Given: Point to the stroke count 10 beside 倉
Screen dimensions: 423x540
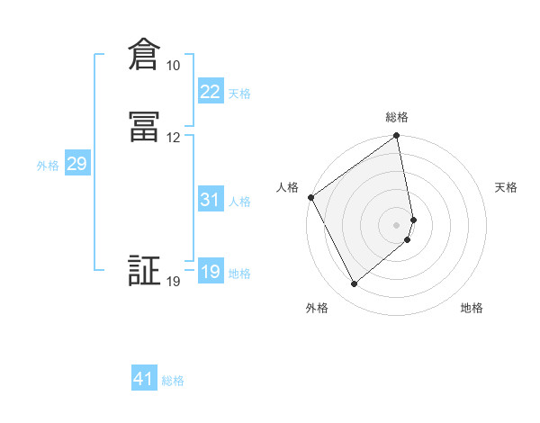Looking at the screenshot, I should (x=173, y=66).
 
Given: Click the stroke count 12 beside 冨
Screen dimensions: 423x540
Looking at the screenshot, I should (x=173, y=137).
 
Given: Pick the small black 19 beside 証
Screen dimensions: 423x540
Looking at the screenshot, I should (x=173, y=282).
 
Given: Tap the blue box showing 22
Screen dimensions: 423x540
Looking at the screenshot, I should (x=210, y=92).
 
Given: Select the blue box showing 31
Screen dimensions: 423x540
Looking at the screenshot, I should (x=210, y=200).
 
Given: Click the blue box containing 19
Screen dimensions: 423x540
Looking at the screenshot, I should (x=210, y=272).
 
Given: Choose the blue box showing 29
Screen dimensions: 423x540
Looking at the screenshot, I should (x=76, y=164).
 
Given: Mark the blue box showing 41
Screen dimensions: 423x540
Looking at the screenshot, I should (x=144, y=379).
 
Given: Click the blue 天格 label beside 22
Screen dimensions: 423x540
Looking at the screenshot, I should (x=239, y=94).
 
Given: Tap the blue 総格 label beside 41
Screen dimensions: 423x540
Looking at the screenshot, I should (x=173, y=381).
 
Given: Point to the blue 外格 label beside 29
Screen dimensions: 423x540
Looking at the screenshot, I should (x=48, y=166).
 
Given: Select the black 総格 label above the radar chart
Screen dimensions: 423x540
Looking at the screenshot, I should (x=397, y=117).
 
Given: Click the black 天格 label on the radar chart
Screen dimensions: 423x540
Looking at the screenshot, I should (x=506, y=187).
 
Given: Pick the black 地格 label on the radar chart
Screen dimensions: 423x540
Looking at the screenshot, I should (x=472, y=308).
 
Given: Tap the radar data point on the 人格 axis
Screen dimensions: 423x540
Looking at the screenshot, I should (x=310, y=197).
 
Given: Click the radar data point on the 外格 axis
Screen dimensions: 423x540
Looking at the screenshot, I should (x=354, y=284).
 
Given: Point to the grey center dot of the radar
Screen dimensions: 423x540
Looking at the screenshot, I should (x=397, y=223).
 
